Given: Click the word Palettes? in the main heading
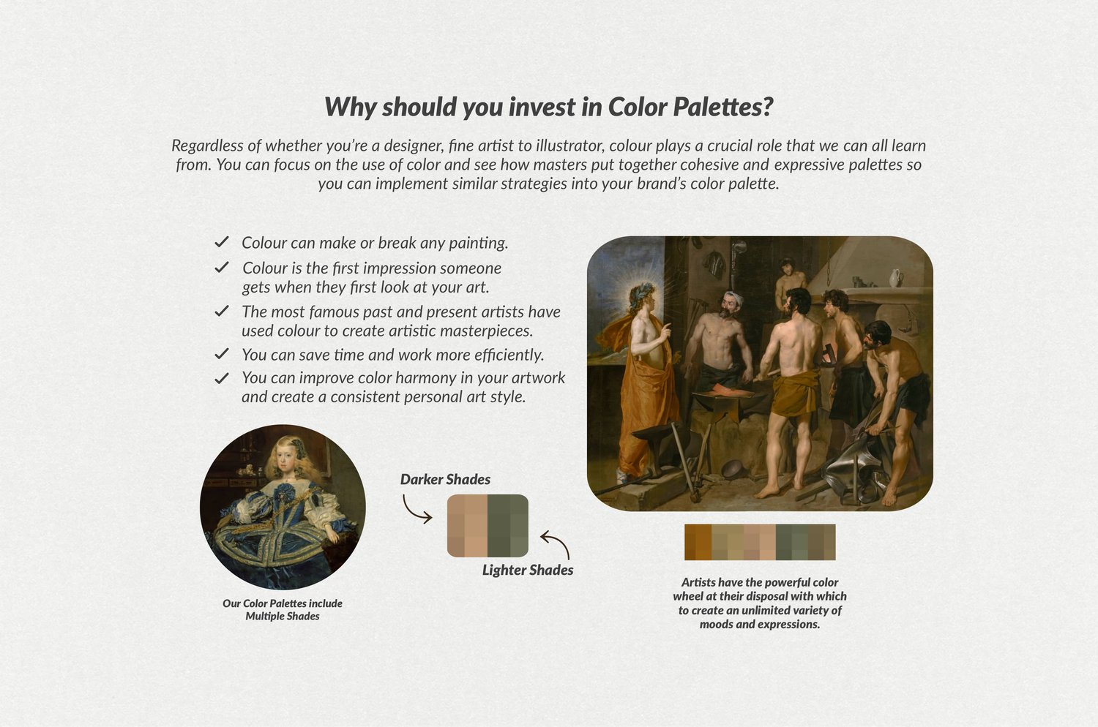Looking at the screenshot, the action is tap(723, 107).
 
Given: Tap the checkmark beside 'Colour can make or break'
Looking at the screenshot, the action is tap(222, 242).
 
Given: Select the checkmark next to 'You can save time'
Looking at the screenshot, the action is tap(222, 354).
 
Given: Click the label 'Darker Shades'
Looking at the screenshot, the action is tap(445, 479).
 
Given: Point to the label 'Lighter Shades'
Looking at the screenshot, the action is tap(528, 570).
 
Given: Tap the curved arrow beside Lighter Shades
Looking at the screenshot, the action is tap(556, 543).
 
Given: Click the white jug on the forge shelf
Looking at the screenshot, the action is tap(895, 277).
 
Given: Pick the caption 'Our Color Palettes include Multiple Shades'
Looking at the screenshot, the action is tap(283, 609).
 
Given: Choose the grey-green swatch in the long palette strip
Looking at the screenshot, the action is tap(791, 542).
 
